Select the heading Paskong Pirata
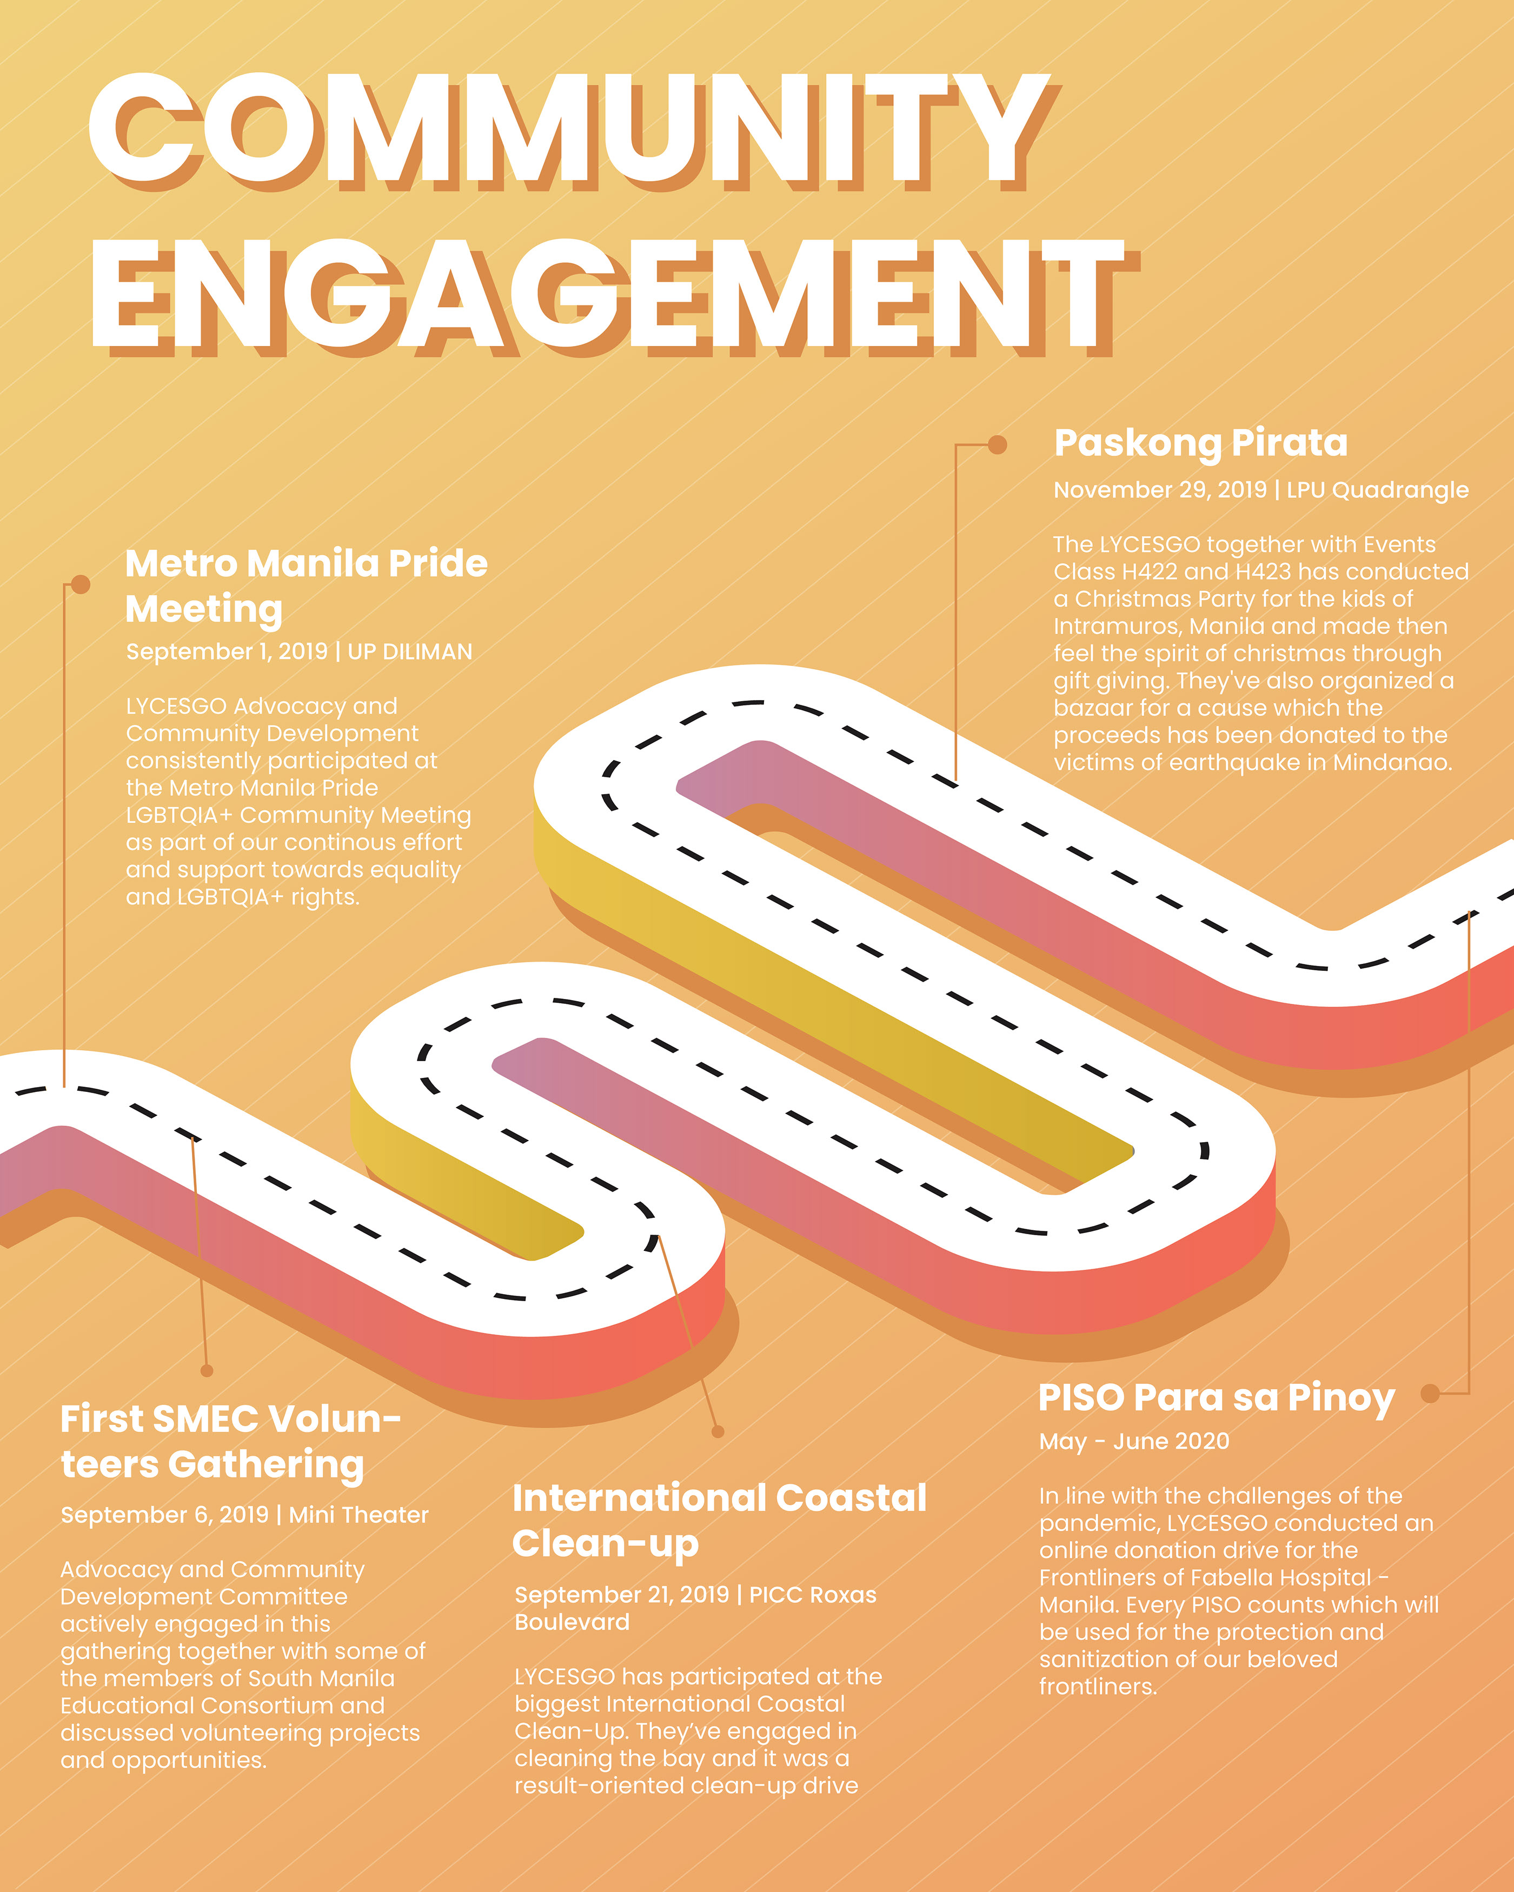click(x=1201, y=444)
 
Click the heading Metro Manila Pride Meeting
click(x=306, y=585)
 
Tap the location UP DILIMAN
click(x=410, y=651)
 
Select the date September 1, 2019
click(x=227, y=651)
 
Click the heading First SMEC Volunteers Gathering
click(x=230, y=1441)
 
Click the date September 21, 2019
click(x=621, y=1594)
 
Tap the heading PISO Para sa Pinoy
click(x=1217, y=1398)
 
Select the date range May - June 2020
click(x=1134, y=1441)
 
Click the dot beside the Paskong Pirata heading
click(x=997, y=445)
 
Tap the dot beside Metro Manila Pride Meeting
click(x=81, y=584)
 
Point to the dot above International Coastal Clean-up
click(x=718, y=1432)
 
